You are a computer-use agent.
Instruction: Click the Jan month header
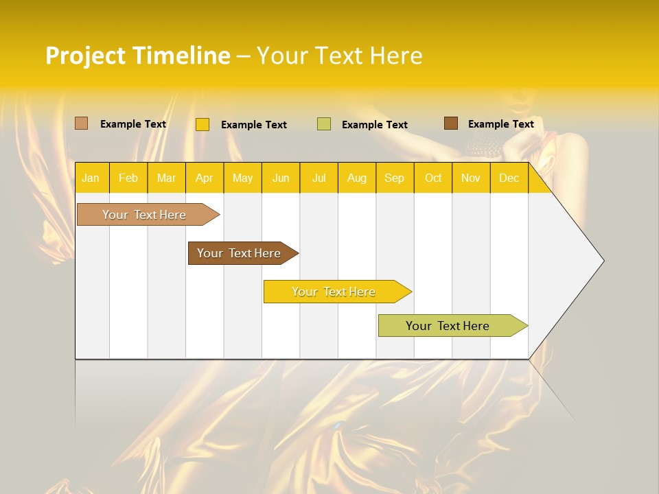pyautogui.click(x=91, y=178)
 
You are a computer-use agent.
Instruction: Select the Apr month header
pyautogui.click(x=205, y=178)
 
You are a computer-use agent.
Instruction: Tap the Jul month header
pyautogui.click(x=319, y=178)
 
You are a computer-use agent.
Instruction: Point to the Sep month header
pyautogui.click(x=394, y=178)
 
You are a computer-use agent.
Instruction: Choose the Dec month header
pyautogui.click(x=509, y=178)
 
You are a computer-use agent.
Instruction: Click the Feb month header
pyautogui.click(x=128, y=178)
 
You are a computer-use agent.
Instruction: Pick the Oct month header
pyautogui.click(x=433, y=178)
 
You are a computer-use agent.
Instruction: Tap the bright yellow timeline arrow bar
pyautogui.click(x=334, y=292)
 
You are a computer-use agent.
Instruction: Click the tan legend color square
pyautogui.click(x=81, y=123)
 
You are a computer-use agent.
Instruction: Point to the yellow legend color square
pyautogui.click(x=203, y=124)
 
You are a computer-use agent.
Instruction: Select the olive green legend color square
pyautogui.click(x=324, y=124)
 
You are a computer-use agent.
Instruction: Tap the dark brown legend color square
pyautogui.click(x=451, y=123)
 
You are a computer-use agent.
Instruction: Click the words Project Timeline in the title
pyautogui.click(x=138, y=56)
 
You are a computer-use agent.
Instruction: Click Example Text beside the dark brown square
pyautogui.click(x=500, y=124)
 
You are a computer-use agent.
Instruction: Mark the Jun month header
pyautogui.click(x=281, y=178)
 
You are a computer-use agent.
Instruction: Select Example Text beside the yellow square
pyautogui.click(x=253, y=125)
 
